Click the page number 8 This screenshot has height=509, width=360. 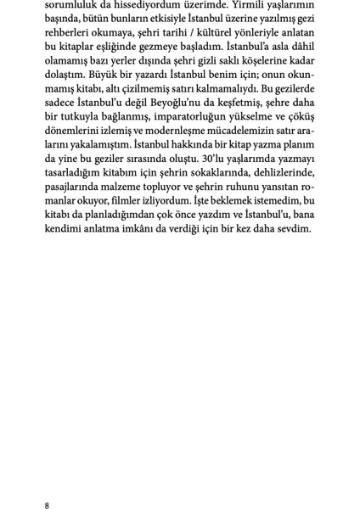pyautogui.click(x=47, y=484)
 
